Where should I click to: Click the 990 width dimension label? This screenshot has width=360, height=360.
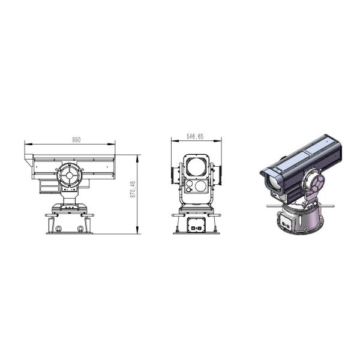76,140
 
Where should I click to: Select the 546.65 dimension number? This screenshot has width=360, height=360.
195,137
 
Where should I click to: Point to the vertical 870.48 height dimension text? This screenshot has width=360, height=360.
133,190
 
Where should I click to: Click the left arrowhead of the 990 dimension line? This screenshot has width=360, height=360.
28,144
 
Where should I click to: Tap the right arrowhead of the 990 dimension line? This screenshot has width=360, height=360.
112,144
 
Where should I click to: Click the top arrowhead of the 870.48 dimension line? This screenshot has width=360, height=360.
137,158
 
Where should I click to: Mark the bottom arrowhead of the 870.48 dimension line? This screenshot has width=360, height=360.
137,230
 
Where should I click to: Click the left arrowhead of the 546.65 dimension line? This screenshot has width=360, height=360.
175,141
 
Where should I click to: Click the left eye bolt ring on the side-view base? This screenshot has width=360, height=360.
58,229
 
